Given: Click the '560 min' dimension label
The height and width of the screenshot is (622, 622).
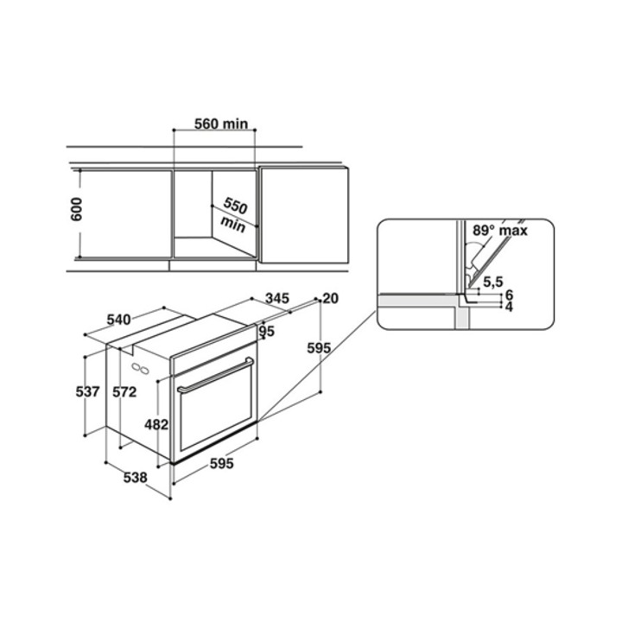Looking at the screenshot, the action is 220,124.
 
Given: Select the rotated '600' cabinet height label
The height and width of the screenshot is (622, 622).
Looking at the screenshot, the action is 76,209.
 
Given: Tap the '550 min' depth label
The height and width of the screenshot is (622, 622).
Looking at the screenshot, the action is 234,214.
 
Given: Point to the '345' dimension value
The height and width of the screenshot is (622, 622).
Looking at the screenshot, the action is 277,298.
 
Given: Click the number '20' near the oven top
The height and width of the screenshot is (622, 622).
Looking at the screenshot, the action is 330,298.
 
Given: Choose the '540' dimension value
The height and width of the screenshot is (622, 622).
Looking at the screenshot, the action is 118,319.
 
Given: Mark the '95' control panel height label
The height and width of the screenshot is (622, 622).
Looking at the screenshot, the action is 267,331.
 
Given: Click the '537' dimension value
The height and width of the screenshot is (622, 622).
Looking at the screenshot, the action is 87,391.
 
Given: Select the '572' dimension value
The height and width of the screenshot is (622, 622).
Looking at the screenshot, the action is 124,392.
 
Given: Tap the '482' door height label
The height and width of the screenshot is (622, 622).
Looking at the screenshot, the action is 156,425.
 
